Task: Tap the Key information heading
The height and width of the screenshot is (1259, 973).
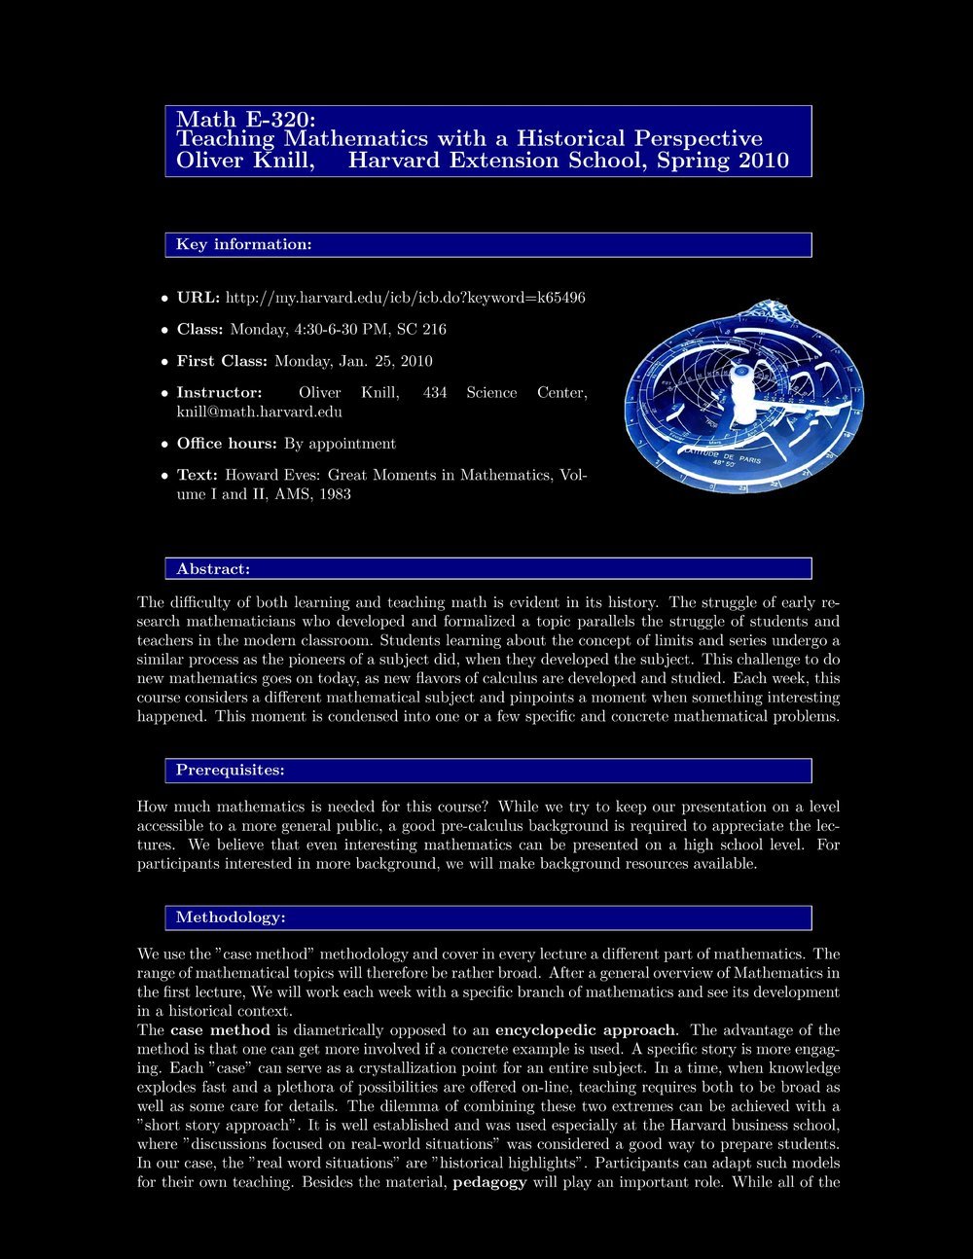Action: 243,244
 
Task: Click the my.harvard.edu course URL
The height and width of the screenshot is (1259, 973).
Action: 405,297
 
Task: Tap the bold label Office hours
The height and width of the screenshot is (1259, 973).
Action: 227,444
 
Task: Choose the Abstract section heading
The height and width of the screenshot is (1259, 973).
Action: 212,568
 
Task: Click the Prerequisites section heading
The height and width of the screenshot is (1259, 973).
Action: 230,771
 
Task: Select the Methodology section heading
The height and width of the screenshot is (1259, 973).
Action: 230,917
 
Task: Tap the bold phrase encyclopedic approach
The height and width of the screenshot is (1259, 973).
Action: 585,1029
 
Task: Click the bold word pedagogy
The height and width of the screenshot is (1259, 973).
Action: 490,1182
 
